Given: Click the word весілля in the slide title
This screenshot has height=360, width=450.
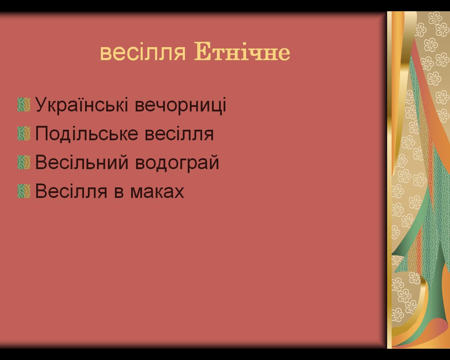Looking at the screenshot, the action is [x=143, y=53].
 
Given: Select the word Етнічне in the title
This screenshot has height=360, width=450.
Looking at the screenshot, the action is [x=242, y=51].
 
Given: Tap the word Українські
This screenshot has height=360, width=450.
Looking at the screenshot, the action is [x=82, y=104].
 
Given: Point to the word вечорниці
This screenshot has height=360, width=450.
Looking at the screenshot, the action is [x=180, y=105].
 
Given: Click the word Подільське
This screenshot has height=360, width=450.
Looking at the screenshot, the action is [x=86, y=134].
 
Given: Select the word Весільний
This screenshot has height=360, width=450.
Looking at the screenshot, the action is [x=82, y=162].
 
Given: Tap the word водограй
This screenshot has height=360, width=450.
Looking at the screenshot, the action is [x=177, y=163].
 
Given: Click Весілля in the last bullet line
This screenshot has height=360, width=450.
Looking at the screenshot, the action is [x=71, y=191].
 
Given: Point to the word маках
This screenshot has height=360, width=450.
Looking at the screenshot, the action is [x=157, y=192].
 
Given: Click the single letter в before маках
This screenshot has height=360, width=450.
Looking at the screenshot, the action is [x=119, y=192].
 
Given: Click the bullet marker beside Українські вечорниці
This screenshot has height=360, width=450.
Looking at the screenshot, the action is [x=24, y=105].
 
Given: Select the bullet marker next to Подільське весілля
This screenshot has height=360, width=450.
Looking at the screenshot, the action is [x=24, y=134].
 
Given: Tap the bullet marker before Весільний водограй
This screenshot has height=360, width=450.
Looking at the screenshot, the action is [x=24, y=162].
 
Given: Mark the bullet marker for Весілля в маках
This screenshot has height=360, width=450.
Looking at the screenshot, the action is [x=24, y=191].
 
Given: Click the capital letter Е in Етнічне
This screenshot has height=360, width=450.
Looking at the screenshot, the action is [x=202, y=51].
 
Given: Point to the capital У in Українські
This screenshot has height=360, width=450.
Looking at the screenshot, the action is [x=42, y=104].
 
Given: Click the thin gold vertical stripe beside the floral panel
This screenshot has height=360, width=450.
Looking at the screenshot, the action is [x=390, y=180].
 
